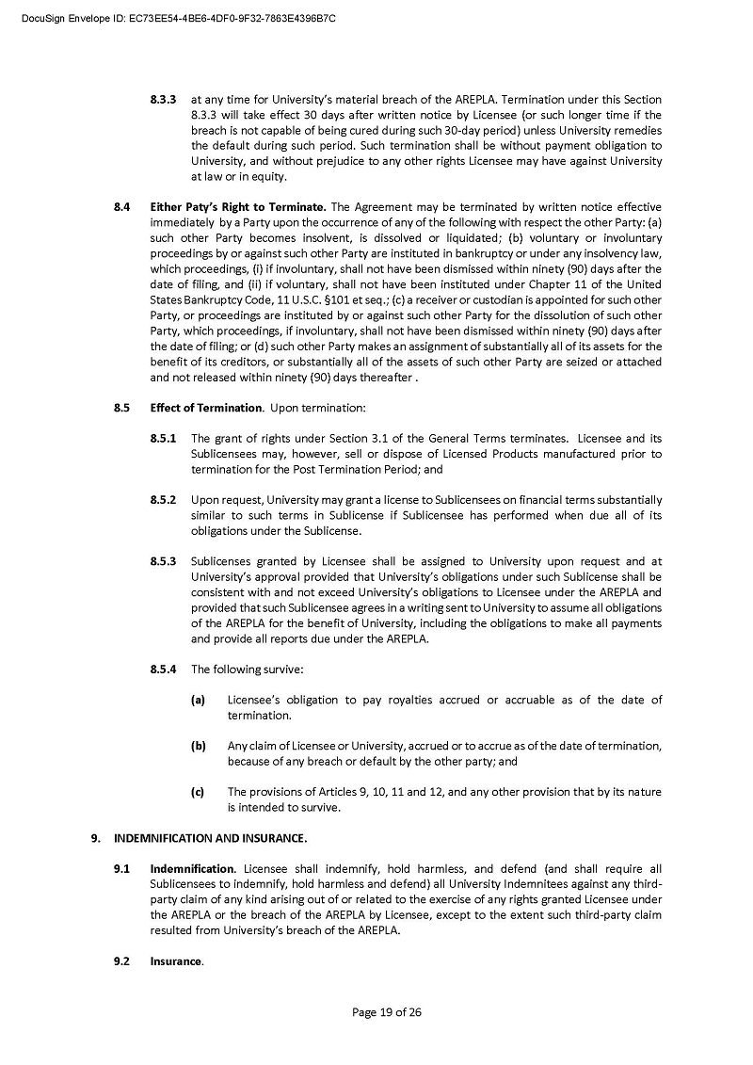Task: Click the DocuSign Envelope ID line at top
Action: click(x=179, y=18)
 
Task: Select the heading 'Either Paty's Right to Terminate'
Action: click(x=238, y=207)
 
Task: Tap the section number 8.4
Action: click(x=120, y=207)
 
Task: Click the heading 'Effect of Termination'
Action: click(x=206, y=408)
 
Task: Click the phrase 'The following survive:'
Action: click(x=247, y=670)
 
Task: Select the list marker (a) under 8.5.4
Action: click(x=199, y=700)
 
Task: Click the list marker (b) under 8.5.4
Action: click(x=199, y=746)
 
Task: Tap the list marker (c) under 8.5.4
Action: click(x=198, y=792)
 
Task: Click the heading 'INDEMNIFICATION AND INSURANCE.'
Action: click(x=211, y=838)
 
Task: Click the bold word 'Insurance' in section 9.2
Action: click(x=176, y=961)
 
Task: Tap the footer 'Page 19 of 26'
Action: click(x=387, y=1012)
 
